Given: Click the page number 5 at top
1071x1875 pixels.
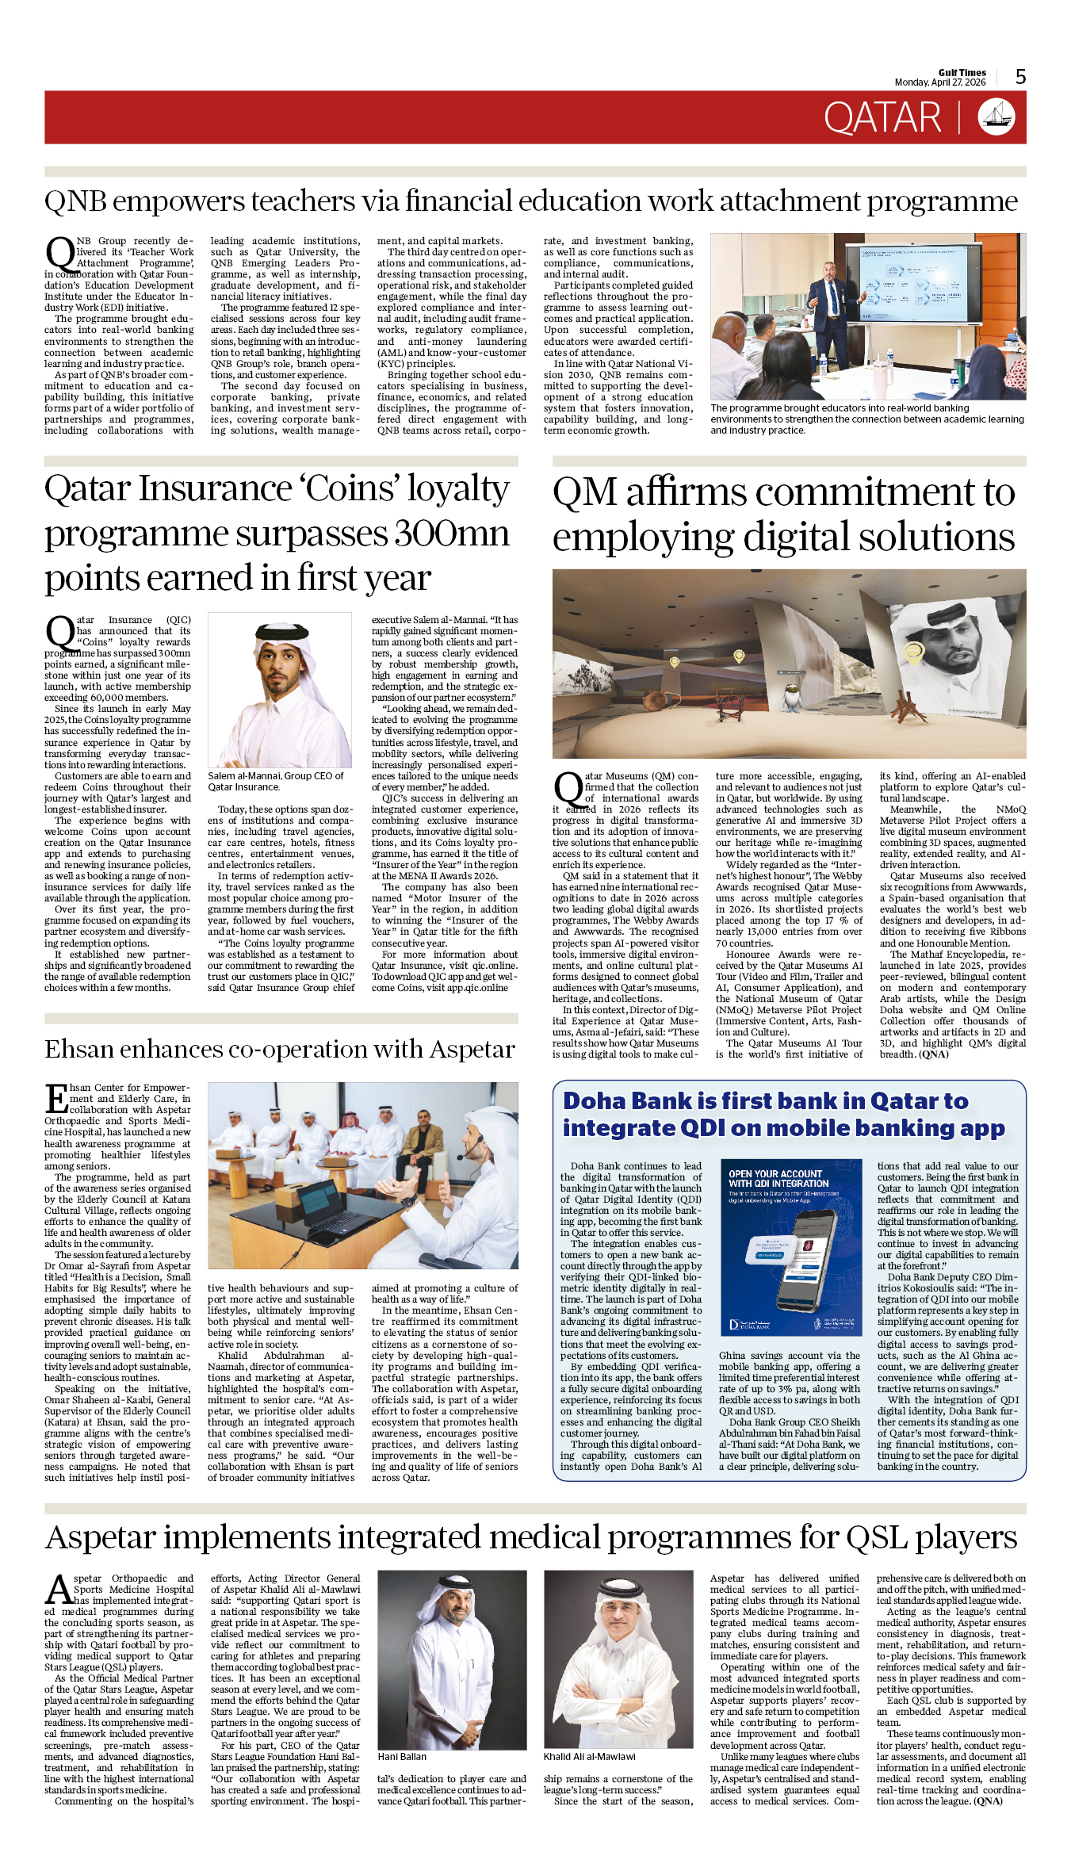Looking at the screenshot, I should click(x=1020, y=77).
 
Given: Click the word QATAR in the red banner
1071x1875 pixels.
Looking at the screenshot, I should click(x=882, y=118).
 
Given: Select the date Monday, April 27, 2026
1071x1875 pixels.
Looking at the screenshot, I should click(x=939, y=82).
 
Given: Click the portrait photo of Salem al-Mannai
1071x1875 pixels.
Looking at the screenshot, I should click(x=279, y=690).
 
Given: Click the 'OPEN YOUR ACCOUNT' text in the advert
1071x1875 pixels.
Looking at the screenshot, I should click(x=775, y=1174).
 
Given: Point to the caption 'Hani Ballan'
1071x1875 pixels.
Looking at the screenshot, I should click(x=402, y=1756).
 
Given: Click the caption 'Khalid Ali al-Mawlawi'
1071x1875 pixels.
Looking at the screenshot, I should click(x=589, y=1756).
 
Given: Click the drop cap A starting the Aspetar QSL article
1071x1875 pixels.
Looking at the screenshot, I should click(x=59, y=1591).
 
